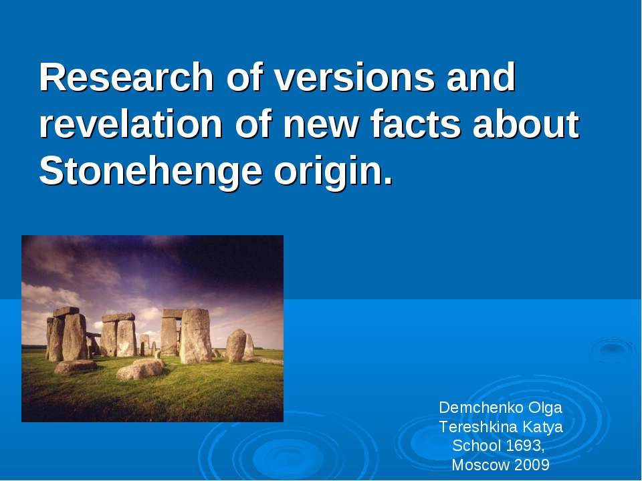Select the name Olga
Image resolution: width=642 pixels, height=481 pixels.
point(544,407)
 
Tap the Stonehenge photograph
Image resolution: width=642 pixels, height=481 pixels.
point(152,328)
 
